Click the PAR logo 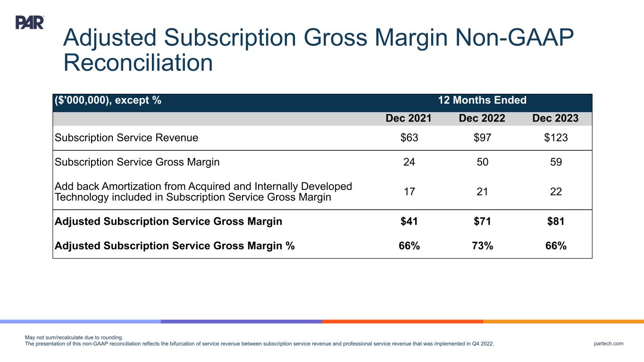pyautogui.click(x=30, y=22)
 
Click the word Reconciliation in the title pyautogui.click(x=138, y=63)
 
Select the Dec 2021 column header pyautogui.click(x=409, y=118)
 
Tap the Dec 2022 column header pyautogui.click(x=482, y=118)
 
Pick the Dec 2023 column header pyautogui.click(x=555, y=118)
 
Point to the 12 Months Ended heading pyautogui.click(x=482, y=100)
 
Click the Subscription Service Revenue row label pyautogui.click(x=126, y=138)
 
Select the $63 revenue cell pyautogui.click(x=409, y=138)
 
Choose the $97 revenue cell pyautogui.click(x=482, y=138)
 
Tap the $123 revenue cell pyautogui.click(x=555, y=138)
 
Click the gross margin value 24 pyautogui.click(x=409, y=162)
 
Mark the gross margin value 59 pyautogui.click(x=555, y=162)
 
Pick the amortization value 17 pyautogui.click(x=409, y=192)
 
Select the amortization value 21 pyautogui.click(x=482, y=192)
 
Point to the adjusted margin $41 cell pyautogui.click(x=409, y=221)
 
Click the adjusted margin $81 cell pyautogui.click(x=555, y=221)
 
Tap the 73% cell pyautogui.click(x=482, y=246)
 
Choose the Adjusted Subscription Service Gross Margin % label pyautogui.click(x=175, y=246)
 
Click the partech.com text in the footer pyautogui.click(x=609, y=344)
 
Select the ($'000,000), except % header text pyautogui.click(x=108, y=100)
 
